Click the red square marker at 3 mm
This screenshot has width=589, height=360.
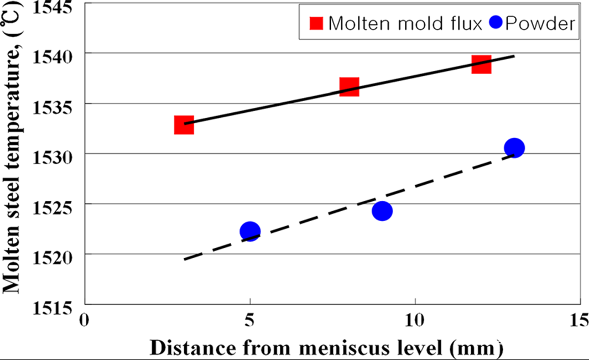click(184, 126)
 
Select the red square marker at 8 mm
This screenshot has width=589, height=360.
click(349, 87)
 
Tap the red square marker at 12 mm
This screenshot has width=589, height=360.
click(481, 64)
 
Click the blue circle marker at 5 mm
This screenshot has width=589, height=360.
click(250, 231)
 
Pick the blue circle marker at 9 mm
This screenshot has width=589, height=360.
click(382, 211)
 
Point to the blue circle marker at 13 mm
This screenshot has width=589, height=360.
click(514, 147)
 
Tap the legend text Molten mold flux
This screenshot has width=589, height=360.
click(404, 23)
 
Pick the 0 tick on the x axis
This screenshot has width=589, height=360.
click(85, 320)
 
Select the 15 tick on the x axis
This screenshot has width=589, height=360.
click(579, 320)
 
